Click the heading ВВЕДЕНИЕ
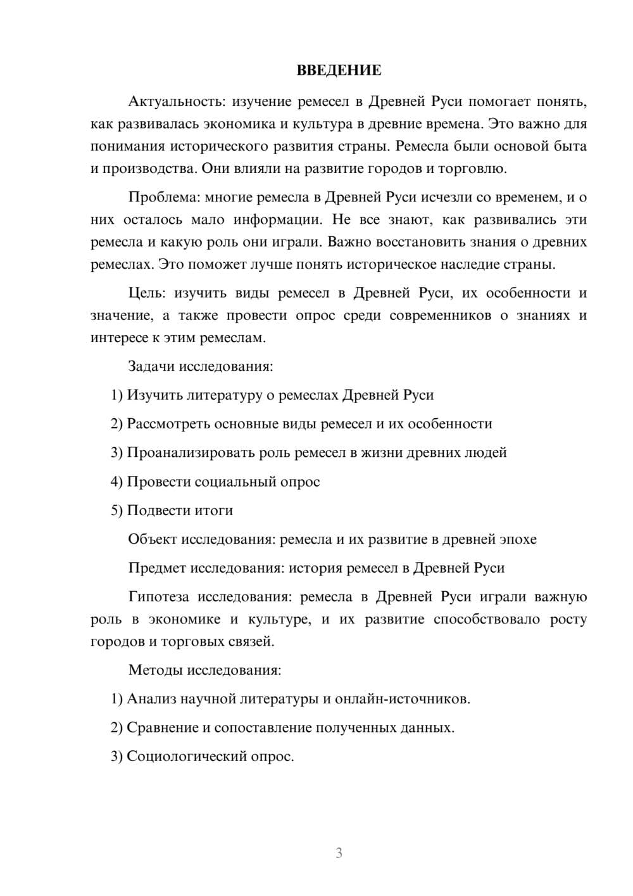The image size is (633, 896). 339,70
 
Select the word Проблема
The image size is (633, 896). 163,197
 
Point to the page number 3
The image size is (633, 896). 339,853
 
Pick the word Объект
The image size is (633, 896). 153,539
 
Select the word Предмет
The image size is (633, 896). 157,568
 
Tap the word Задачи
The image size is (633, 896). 152,366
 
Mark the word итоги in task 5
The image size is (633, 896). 214,510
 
